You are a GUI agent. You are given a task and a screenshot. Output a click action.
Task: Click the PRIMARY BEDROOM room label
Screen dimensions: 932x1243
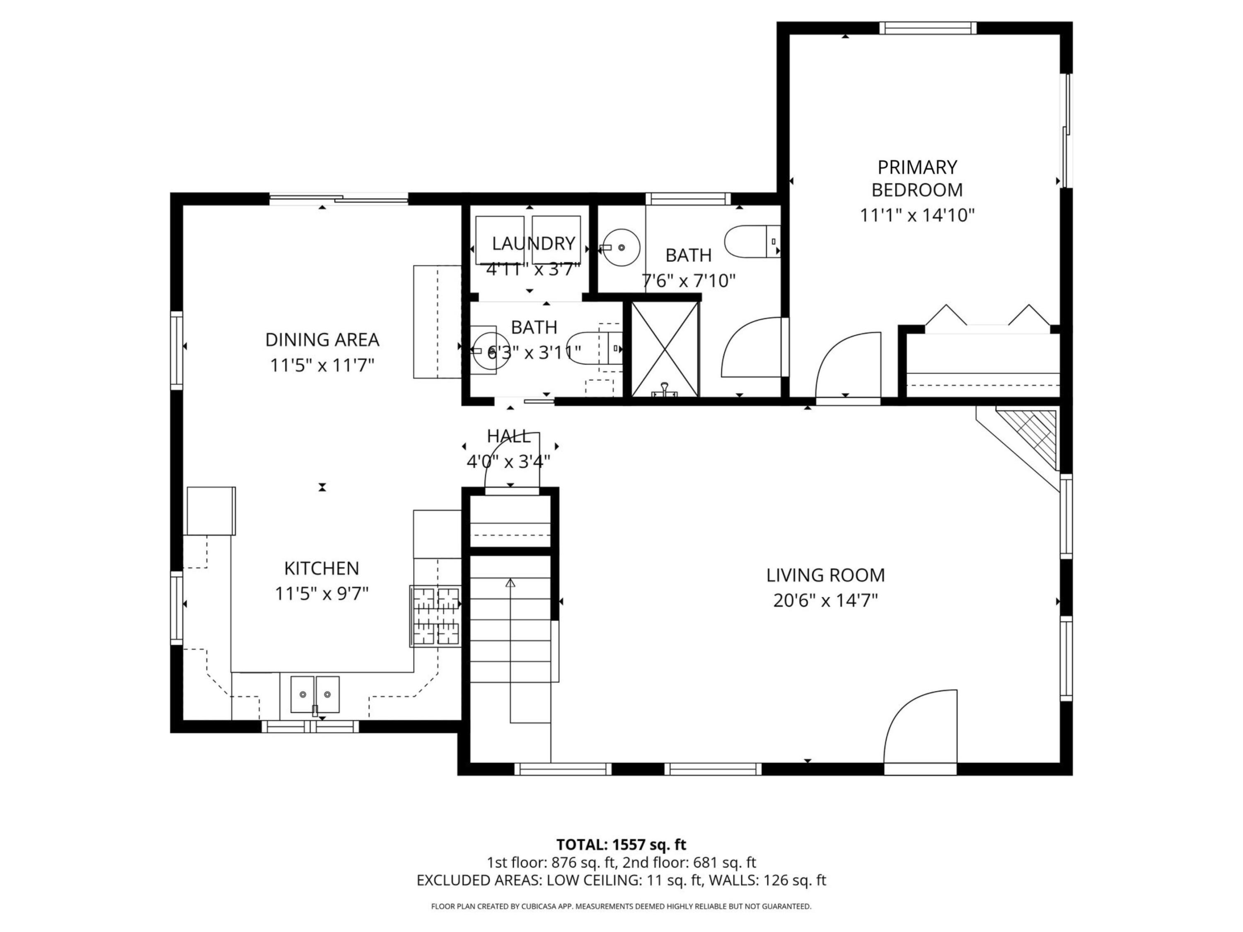(917, 179)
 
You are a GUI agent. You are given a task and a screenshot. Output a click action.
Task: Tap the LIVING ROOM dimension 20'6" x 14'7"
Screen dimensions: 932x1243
(825, 601)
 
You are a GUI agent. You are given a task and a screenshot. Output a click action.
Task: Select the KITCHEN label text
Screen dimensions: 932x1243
(322, 569)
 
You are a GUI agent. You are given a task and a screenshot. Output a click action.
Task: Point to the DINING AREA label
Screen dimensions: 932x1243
(322, 340)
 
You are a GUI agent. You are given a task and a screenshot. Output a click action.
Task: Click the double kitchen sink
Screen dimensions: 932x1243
(314, 694)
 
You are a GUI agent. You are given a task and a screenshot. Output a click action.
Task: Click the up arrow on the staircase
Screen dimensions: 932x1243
(510, 584)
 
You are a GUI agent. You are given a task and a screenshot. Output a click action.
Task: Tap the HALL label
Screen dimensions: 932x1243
(508, 436)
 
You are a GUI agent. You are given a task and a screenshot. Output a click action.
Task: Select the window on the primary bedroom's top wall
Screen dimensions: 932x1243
(927, 28)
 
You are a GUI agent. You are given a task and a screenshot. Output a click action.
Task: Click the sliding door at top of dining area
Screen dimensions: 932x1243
(338, 198)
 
